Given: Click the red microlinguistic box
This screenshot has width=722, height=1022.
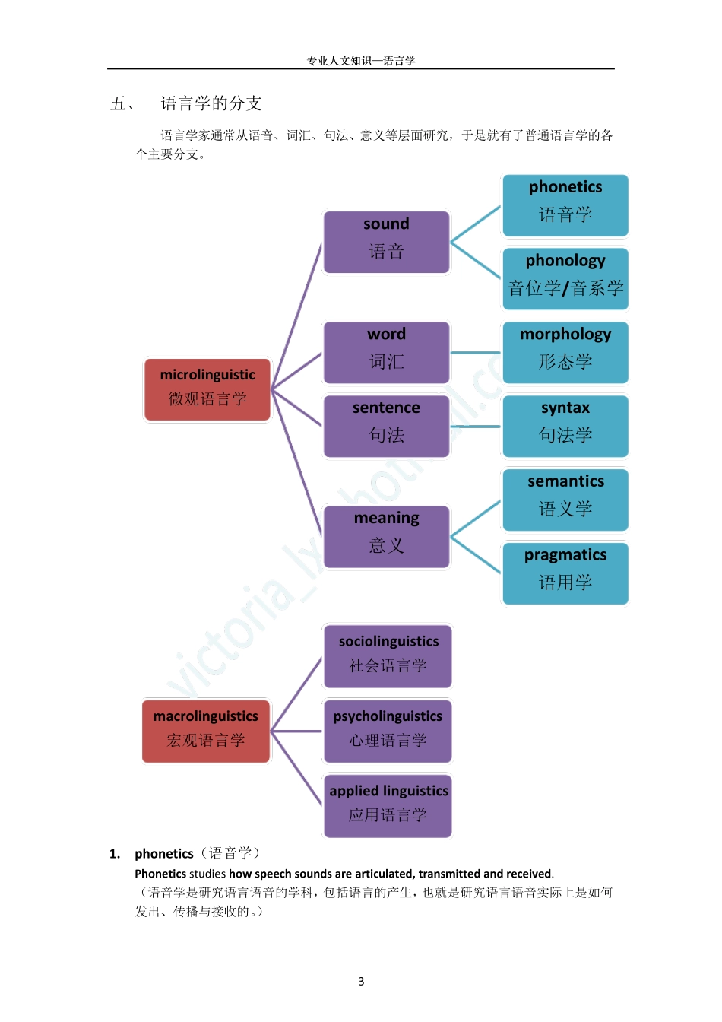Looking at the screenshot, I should click(207, 389).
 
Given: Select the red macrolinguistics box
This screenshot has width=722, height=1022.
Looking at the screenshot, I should click(206, 730).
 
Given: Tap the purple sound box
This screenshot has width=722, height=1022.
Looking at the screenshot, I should click(386, 242).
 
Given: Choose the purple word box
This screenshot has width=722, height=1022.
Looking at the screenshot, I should click(386, 352).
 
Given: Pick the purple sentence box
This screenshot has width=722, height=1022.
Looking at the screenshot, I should click(386, 426).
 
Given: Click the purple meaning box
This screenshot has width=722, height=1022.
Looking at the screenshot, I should click(386, 536).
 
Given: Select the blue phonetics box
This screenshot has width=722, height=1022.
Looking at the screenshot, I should click(565, 205).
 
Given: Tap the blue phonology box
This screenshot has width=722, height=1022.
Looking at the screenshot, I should click(565, 278).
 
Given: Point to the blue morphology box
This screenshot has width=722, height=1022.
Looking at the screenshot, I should click(565, 352).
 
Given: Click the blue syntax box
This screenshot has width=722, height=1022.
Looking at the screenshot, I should click(565, 426).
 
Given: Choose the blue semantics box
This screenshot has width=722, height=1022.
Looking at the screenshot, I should click(565, 500).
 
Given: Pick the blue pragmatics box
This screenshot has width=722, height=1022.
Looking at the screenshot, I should click(565, 573).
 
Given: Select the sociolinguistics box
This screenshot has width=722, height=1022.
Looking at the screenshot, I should click(388, 655).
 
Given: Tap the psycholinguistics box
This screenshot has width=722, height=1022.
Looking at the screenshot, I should click(388, 731).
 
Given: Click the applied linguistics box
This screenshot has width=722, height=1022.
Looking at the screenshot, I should click(388, 805).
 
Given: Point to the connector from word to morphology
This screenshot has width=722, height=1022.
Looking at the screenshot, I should click(476, 353).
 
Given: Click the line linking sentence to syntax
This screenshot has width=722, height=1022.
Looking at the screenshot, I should click(476, 427).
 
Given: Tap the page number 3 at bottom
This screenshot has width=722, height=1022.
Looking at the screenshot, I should click(361, 981).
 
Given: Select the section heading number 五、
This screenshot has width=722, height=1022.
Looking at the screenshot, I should click(122, 103).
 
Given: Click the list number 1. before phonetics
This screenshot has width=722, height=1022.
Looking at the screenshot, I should click(115, 854).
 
